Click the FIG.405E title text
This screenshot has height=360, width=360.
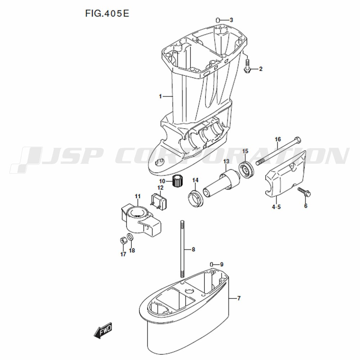point(107,14)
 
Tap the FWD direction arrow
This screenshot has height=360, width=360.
point(103,330)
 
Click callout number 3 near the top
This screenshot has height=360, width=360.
point(231,20)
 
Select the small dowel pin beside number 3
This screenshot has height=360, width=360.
point(218,20)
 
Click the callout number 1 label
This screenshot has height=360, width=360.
point(161,96)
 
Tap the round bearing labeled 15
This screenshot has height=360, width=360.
point(246,169)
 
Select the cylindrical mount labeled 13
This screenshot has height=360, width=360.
point(221,183)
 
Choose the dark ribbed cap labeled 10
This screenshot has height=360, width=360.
point(178,181)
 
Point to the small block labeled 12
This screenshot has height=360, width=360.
point(158,201)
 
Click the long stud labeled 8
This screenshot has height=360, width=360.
point(182,249)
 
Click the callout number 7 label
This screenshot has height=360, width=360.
point(239,298)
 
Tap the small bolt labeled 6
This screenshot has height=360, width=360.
point(304,192)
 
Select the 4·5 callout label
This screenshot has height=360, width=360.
point(276,207)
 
